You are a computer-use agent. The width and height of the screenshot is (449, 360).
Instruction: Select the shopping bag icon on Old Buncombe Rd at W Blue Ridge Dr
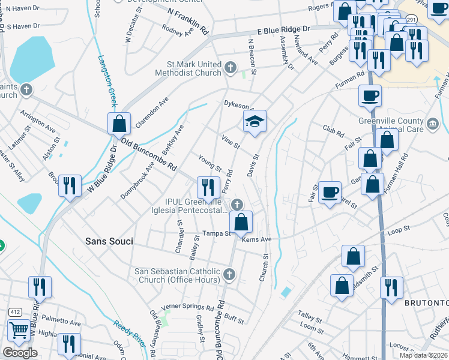click(119, 124)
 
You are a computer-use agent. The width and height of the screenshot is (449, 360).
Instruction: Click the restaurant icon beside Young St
click(208, 187)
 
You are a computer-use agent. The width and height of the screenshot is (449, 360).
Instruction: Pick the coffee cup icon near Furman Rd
click(370, 95)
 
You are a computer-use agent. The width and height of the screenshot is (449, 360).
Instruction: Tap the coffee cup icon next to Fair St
click(330, 192)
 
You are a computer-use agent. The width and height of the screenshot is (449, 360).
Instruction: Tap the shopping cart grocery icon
click(19, 331)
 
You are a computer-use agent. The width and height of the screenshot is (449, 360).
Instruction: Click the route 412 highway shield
click(15, 312)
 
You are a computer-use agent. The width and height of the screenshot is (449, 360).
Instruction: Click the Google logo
click(20, 353)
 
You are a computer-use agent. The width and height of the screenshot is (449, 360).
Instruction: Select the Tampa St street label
click(216, 233)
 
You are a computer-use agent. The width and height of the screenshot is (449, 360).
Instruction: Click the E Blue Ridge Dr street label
click(283, 29)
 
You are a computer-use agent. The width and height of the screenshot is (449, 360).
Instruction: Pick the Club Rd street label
click(333, 131)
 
